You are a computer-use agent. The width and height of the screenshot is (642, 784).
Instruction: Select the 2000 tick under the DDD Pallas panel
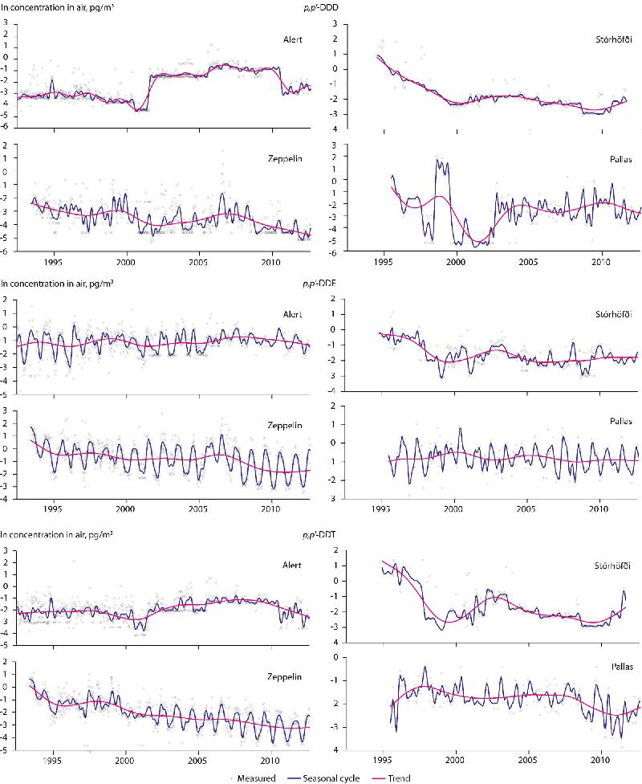(x=456, y=263)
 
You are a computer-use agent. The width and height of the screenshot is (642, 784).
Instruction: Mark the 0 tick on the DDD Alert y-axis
(x=6, y=57)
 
